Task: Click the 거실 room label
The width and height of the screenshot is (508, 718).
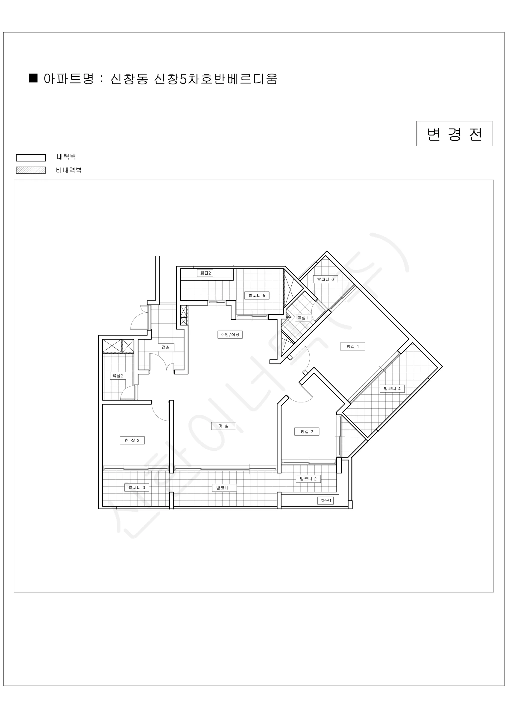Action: [x=223, y=426]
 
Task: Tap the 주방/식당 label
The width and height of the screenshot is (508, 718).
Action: [x=230, y=334]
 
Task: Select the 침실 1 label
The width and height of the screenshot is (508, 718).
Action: [x=352, y=346]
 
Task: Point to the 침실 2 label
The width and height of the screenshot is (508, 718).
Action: [x=307, y=432]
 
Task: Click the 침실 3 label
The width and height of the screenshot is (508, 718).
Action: [x=132, y=440]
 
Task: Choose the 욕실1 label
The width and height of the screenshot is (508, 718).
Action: [x=303, y=318]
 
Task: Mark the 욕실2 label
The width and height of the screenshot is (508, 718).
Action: [x=118, y=375]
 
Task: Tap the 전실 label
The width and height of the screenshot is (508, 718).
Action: [x=166, y=347]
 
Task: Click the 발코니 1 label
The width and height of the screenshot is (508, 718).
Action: [x=224, y=488]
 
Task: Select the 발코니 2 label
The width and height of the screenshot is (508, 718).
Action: [x=308, y=479]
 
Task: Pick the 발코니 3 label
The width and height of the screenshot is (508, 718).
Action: [x=137, y=487]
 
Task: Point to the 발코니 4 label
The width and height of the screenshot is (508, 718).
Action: [x=392, y=389]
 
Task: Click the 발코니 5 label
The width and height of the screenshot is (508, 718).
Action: [x=257, y=295]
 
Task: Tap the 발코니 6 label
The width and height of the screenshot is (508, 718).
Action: [x=326, y=279]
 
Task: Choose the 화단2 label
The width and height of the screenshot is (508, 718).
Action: [x=205, y=273]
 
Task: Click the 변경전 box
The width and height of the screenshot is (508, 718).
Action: [x=454, y=133]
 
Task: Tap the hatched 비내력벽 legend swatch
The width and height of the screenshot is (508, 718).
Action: [x=31, y=170]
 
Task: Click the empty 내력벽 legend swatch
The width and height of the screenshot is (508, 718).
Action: [x=31, y=158]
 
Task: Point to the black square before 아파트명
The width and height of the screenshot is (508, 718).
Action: [x=33, y=78]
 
